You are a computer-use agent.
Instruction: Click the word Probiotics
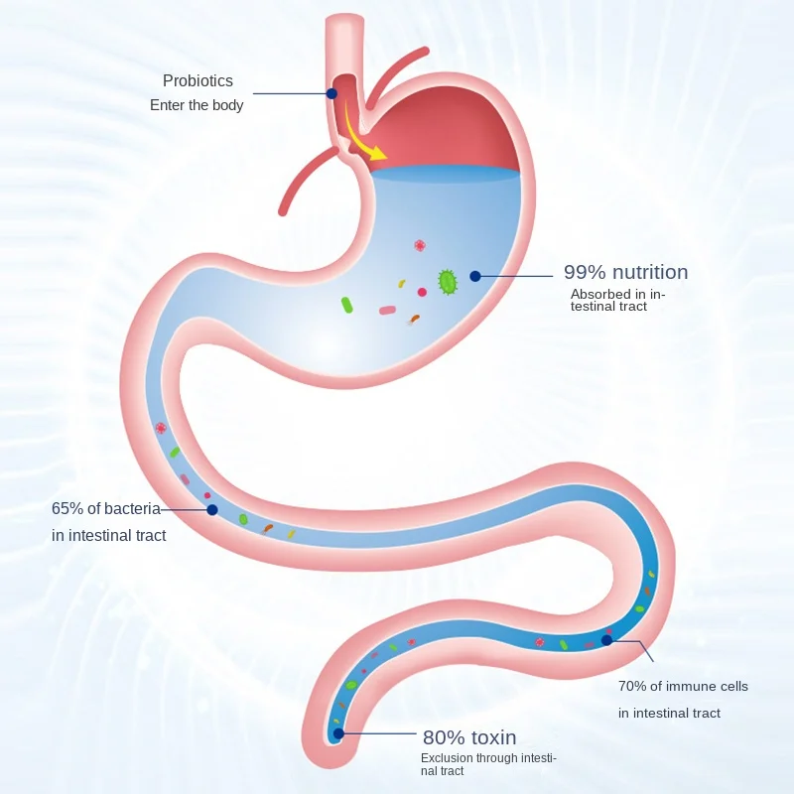pyautogui.click(x=198, y=81)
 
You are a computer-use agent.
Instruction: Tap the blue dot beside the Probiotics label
pyautogui.click(x=331, y=93)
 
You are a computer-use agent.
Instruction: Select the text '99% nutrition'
pyautogui.click(x=625, y=272)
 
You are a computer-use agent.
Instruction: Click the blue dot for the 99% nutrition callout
pyautogui.click(x=475, y=276)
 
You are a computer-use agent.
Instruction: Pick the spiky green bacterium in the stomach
pyautogui.click(x=448, y=282)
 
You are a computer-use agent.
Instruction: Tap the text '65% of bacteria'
pyautogui.click(x=106, y=509)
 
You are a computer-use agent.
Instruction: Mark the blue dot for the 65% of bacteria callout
pyautogui.click(x=211, y=510)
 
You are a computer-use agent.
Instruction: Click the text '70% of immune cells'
pyautogui.click(x=683, y=686)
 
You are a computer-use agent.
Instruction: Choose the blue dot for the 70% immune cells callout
pyautogui.click(x=606, y=640)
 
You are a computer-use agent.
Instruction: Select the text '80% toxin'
pyautogui.click(x=469, y=737)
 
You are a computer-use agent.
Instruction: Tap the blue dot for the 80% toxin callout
pyautogui.click(x=338, y=734)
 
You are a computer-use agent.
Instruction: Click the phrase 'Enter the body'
pyautogui.click(x=197, y=105)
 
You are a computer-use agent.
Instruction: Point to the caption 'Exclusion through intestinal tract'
pyautogui.click(x=487, y=765)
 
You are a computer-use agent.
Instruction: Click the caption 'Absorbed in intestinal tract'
pyautogui.click(x=617, y=300)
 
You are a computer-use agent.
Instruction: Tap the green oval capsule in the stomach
pyautogui.click(x=347, y=305)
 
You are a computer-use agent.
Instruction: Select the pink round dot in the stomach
pyautogui.click(x=422, y=292)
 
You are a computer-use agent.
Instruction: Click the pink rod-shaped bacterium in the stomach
pyautogui.click(x=387, y=311)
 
